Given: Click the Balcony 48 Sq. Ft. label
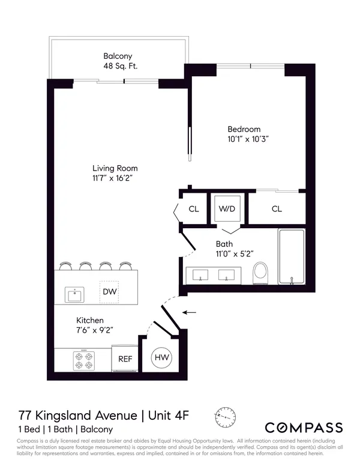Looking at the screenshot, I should click(x=120, y=62).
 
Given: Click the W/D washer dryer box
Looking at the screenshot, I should click(x=227, y=209).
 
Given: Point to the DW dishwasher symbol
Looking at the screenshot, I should click(x=109, y=292).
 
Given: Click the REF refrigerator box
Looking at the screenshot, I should click(x=125, y=359).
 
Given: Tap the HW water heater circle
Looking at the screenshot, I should click(x=161, y=358).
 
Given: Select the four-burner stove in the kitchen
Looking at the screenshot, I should click(x=82, y=360).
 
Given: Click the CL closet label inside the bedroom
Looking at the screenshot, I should click(x=277, y=209).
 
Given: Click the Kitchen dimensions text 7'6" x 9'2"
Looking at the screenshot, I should click(x=95, y=330).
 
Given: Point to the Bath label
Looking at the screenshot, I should click(x=224, y=244).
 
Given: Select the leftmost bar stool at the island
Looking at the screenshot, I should click(x=67, y=265).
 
